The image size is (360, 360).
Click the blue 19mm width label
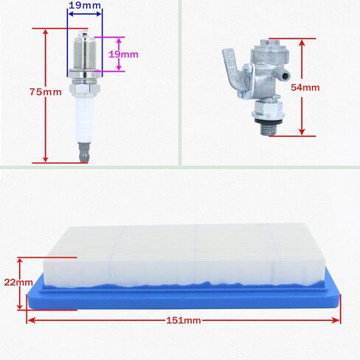coord(85,5)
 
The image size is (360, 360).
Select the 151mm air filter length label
coord(184,321)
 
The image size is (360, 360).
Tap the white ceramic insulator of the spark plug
coord(86,118)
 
